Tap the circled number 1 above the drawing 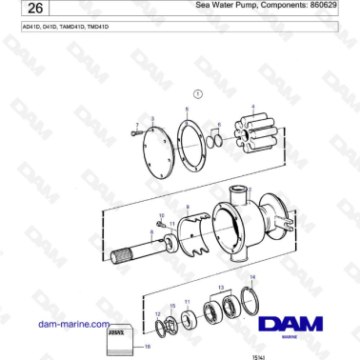point(198,94)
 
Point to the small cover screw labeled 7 point(138,133)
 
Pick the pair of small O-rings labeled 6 point(218,141)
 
